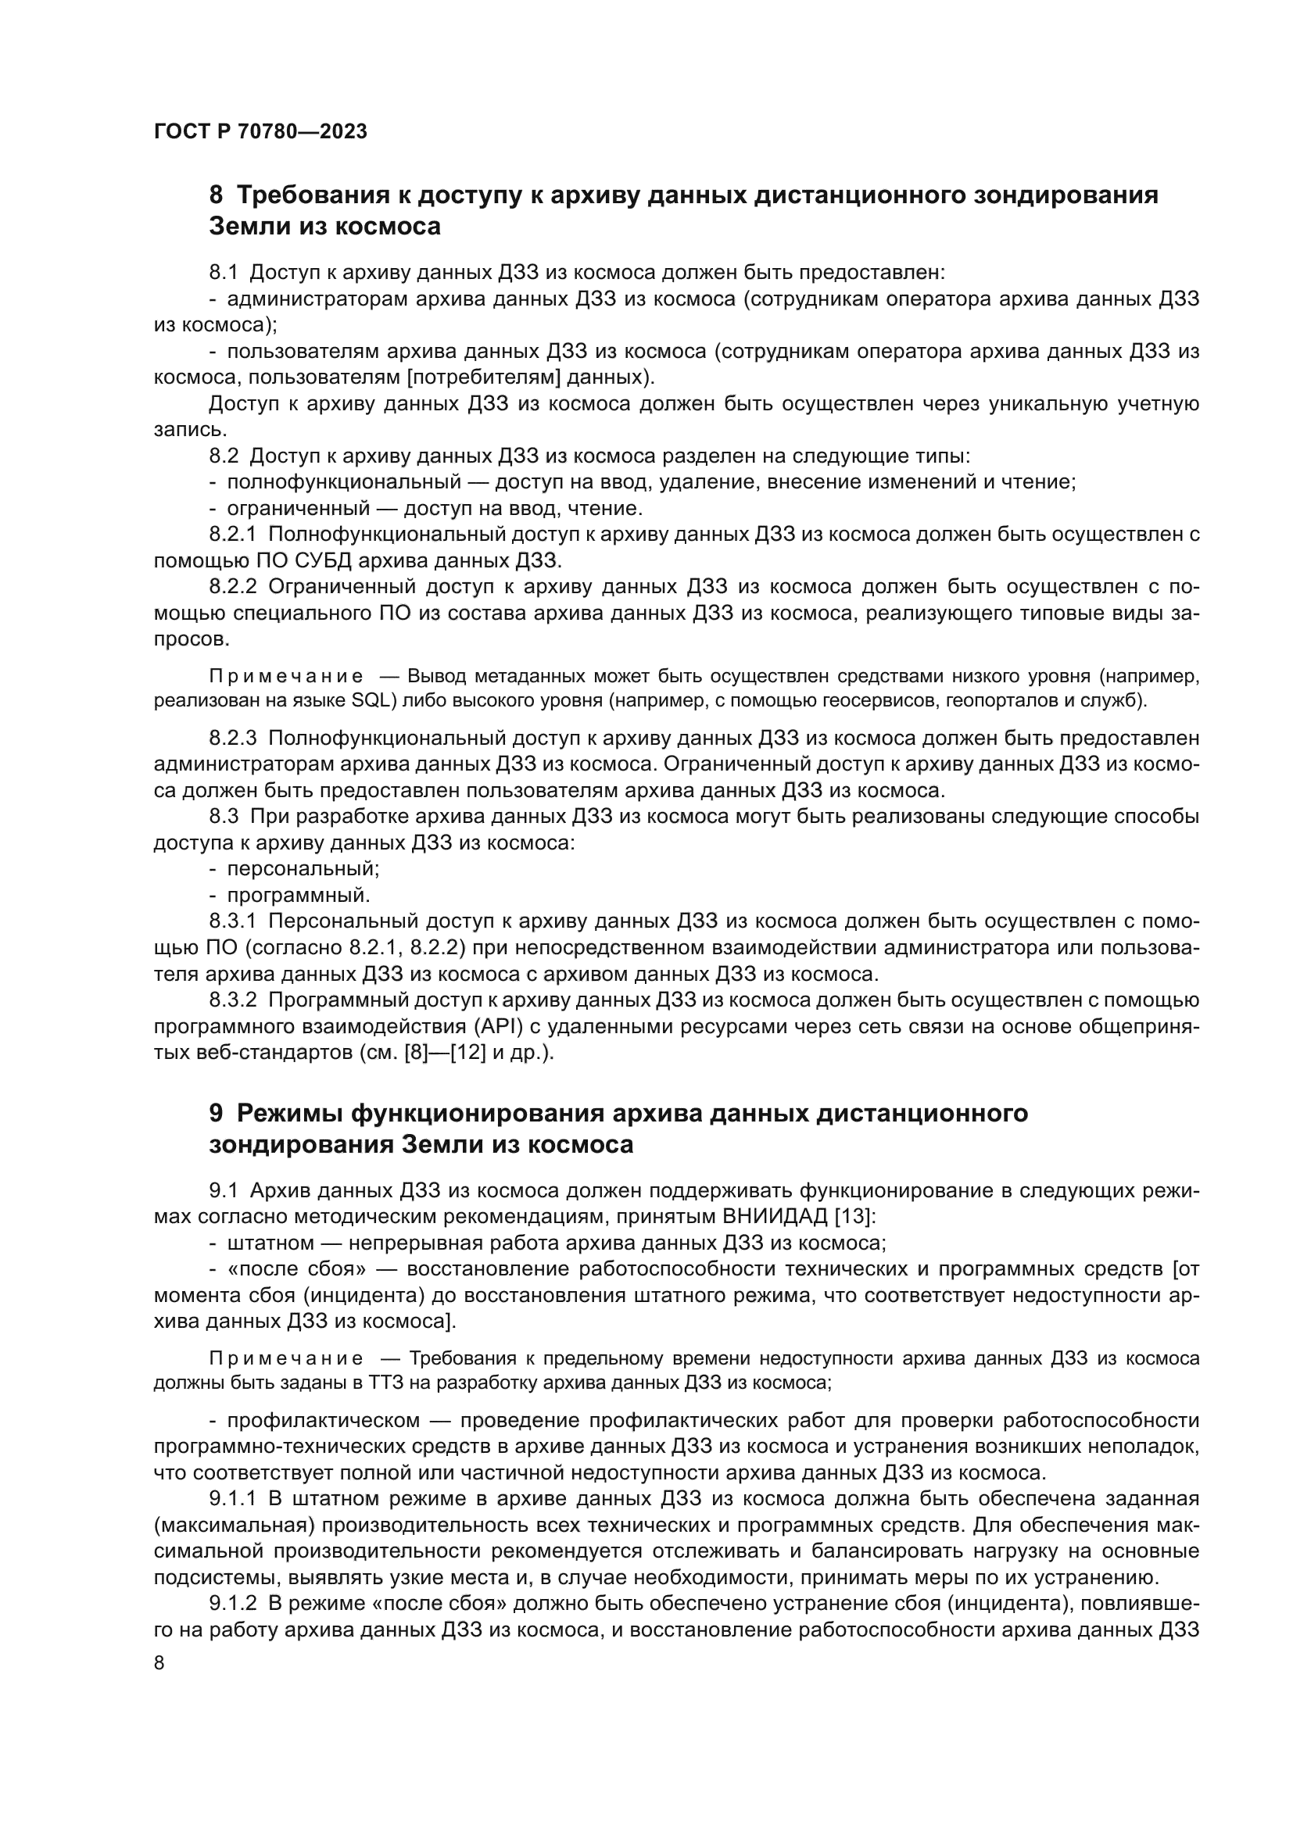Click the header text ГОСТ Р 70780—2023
(x=260, y=131)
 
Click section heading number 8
(x=216, y=195)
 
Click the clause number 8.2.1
(x=232, y=535)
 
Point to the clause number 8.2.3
(x=232, y=738)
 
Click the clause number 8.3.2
(x=232, y=1000)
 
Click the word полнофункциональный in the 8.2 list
(x=344, y=481)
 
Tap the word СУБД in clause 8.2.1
(x=324, y=560)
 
